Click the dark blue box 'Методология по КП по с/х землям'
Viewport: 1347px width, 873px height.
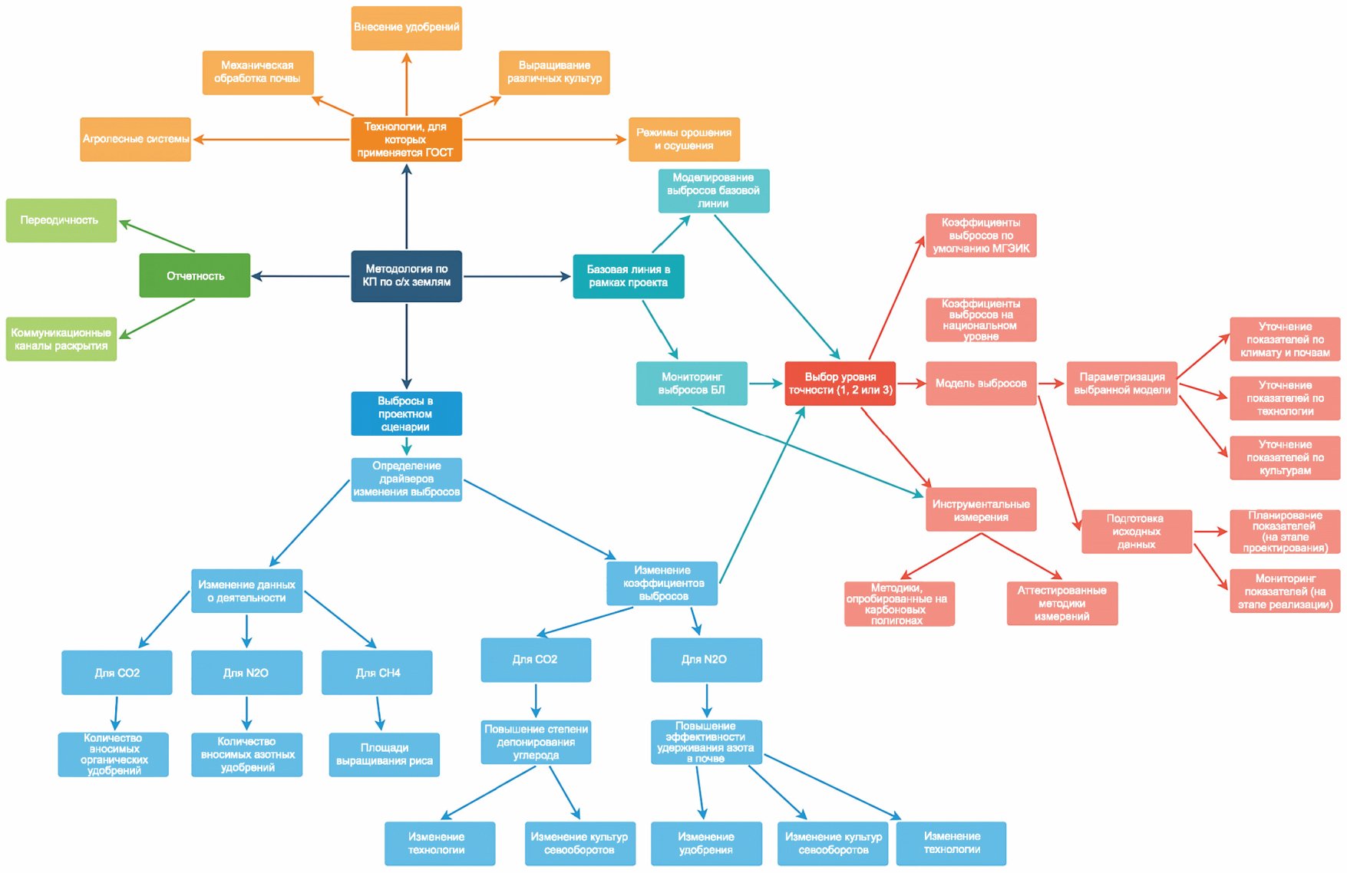point(406,276)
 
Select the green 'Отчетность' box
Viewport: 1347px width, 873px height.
point(195,275)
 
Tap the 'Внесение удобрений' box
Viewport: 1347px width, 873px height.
point(406,28)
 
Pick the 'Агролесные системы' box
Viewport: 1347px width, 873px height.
point(136,139)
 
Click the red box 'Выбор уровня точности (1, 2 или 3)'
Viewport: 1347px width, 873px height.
point(840,384)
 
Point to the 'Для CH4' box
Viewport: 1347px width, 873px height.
point(377,673)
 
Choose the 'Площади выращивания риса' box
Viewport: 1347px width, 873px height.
point(385,755)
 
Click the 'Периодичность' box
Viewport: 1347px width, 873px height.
point(61,220)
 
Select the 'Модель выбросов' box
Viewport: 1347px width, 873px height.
point(981,384)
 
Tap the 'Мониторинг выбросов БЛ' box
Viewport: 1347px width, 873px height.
point(692,384)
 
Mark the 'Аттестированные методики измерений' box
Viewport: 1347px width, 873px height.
point(1062,604)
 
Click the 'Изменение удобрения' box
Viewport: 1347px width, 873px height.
point(706,844)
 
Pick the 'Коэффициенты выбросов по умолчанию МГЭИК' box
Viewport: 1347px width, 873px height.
point(981,236)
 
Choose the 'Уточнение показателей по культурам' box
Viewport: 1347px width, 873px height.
point(1286,458)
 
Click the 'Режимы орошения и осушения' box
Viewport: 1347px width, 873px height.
point(684,139)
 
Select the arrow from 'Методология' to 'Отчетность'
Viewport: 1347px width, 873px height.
point(301,276)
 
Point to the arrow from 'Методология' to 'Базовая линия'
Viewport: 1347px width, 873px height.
point(517,276)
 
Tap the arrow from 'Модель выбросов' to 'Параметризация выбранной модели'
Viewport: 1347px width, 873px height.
point(1052,384)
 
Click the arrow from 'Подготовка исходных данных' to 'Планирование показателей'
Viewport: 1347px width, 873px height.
point(1211,532)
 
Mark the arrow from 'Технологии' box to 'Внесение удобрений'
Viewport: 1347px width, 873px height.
point(406,84)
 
